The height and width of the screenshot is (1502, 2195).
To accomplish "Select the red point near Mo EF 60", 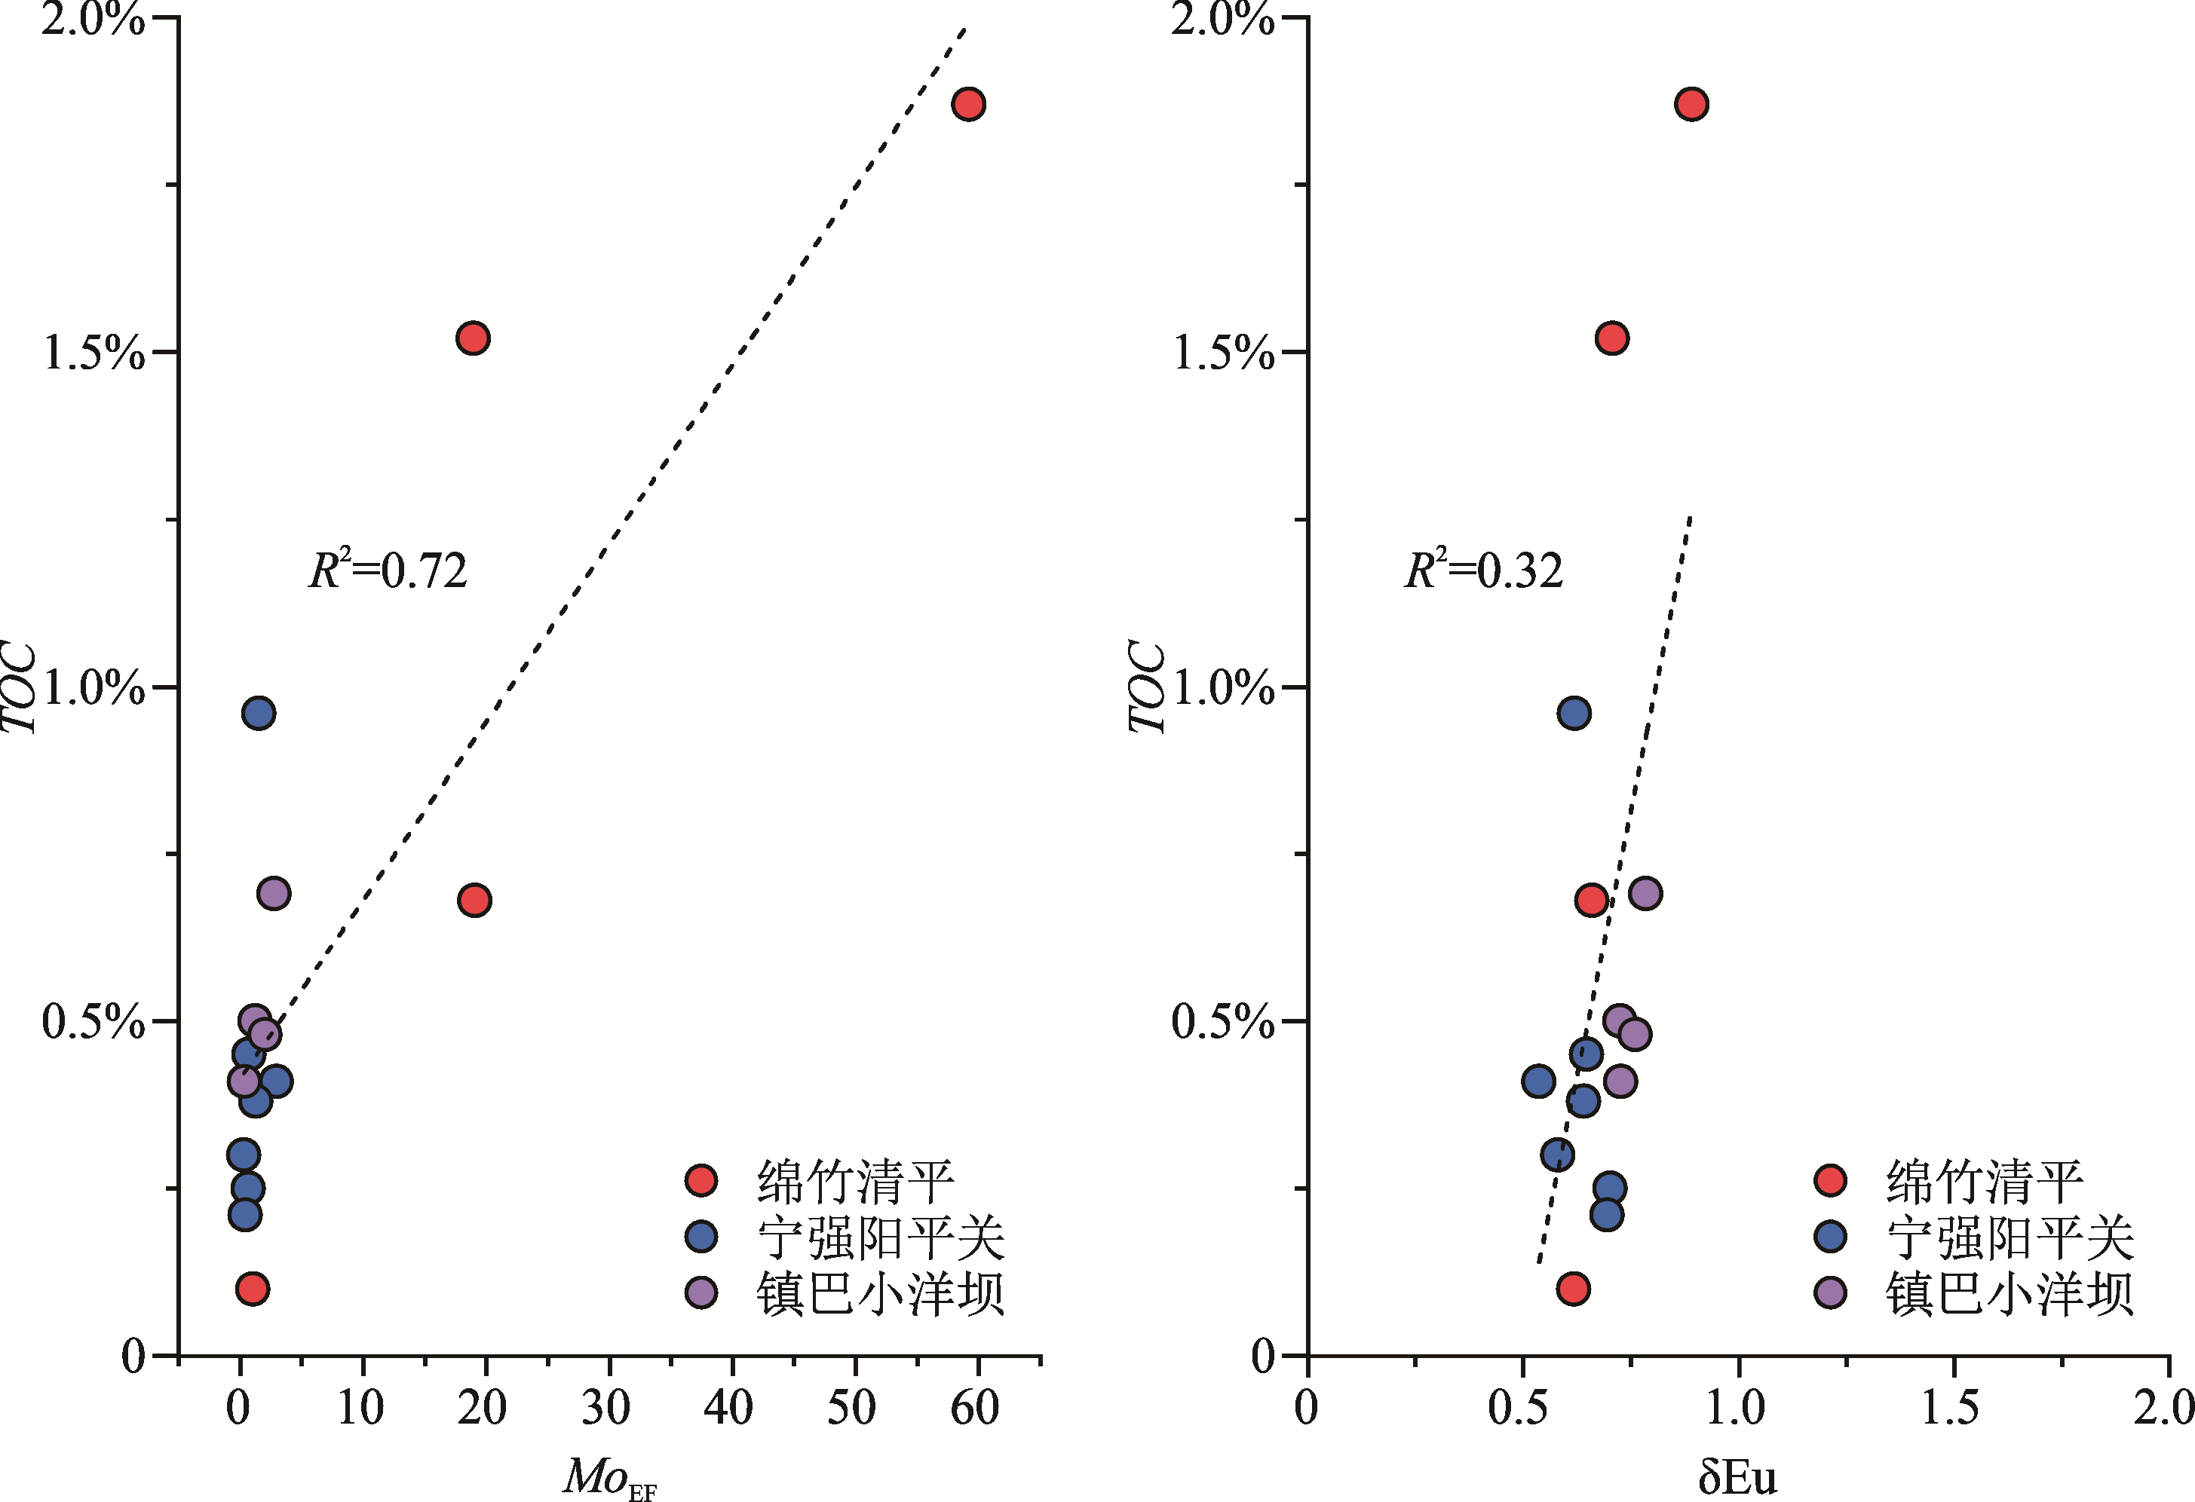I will pos(968,104).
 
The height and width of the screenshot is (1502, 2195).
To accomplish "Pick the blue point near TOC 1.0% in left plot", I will pos(259,713).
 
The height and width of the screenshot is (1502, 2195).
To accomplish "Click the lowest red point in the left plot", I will pos(252,1289).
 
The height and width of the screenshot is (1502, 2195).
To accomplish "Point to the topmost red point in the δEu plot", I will pos(1691,104).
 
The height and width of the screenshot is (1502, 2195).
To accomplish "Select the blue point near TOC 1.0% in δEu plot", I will pos(1574,713).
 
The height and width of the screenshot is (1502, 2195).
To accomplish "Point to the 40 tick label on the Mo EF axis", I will pos(728,1409).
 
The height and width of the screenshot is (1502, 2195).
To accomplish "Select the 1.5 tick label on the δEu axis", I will pos(1951,1409).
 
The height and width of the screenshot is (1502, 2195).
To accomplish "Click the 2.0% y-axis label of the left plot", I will pos(93,19).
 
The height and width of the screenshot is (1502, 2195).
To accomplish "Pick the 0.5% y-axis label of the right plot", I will pos(1222,1021).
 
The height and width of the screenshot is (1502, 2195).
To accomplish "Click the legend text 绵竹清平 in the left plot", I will pos(855,1181).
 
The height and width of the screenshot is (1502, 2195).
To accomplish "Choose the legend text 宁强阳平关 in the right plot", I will pos(2010,1237).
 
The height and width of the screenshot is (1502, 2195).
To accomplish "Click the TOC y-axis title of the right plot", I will pos(1147,687).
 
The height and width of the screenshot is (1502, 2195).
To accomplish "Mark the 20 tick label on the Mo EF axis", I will pos(483,1409).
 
